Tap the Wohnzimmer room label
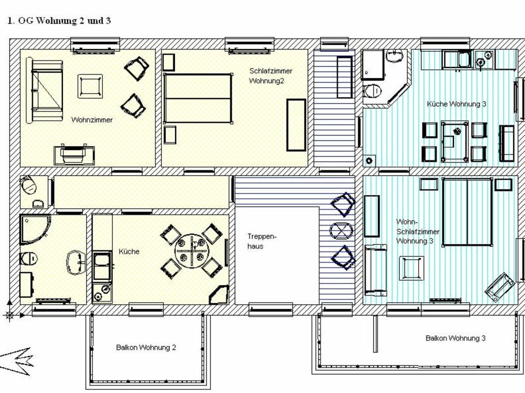coord(92,120)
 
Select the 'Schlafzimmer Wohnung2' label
coord(270,76)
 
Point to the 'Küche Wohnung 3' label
coord(456,104)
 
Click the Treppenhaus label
coord(262,241)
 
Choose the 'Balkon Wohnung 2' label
coord(146,347)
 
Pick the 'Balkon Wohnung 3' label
coord(455,338)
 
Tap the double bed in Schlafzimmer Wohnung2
coord(198,98)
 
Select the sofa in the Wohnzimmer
coord(45,90)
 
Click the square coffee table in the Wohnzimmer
coord(90,86)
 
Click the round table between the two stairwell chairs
coord(342,231)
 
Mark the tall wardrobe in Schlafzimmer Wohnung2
coord(296,125)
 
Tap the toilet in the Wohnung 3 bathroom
coord(372,91)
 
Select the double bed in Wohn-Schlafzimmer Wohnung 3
coord(467,212)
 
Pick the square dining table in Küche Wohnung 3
coord(454,142)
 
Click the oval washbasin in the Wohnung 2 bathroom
coord(76,263)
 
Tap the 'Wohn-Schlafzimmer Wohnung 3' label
coord(418,231)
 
